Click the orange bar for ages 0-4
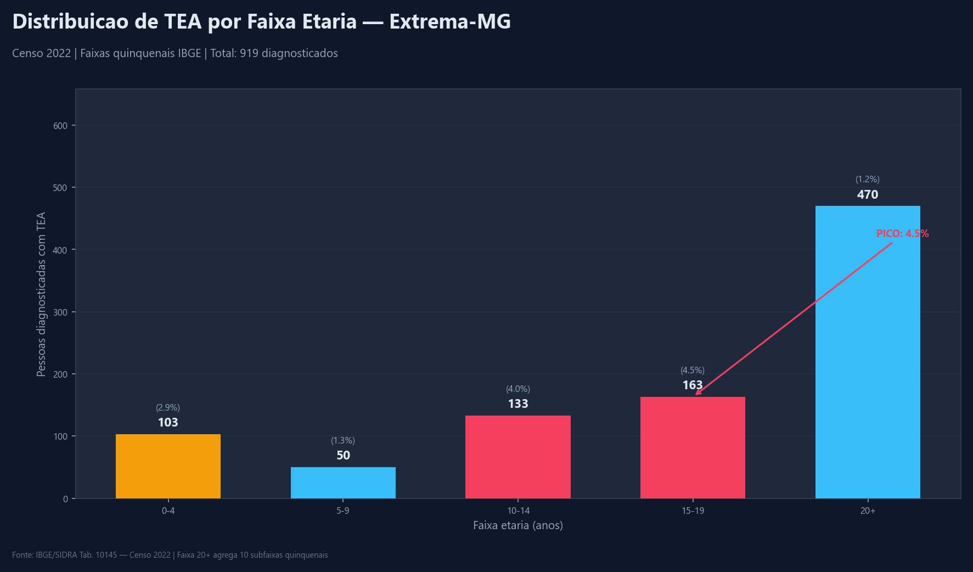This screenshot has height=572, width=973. pos(168,466)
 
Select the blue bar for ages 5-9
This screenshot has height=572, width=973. pos(343,483)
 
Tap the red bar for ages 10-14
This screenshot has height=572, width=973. pos(518,457)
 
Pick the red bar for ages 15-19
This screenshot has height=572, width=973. pos(693,447)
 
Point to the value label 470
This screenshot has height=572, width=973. pos(867,195)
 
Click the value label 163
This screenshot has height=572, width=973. pos(692,385)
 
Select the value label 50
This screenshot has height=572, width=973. pos(343,456)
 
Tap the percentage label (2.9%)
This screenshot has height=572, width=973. pos(168,408)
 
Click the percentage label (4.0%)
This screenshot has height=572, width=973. pos(518,389)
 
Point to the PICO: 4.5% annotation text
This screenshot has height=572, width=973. pos(902,234)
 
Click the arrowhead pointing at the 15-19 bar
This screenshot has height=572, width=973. pos(698,393)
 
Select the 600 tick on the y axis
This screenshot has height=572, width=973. pos(60,126)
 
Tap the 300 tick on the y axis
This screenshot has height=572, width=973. pos(60,312)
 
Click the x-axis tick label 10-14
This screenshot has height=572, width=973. pos(518,511)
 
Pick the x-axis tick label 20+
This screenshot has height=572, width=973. pos(867,511)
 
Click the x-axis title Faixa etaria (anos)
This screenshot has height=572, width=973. pos(518,526)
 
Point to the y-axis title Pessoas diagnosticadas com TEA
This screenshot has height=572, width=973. pos(41,294)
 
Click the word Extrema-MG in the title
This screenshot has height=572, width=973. pos(450,22)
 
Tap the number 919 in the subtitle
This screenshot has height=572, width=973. pos(249,54)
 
